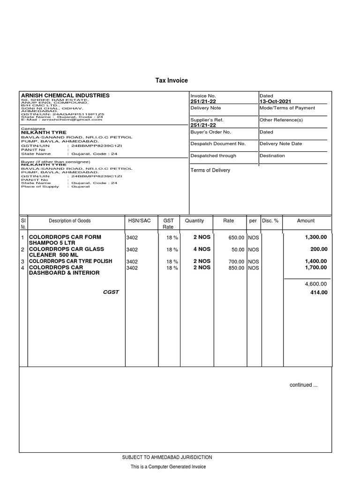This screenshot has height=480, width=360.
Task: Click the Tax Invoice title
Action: [x=172, y=81]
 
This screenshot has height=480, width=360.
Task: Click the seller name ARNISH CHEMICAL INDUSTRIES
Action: [x=65, y=95]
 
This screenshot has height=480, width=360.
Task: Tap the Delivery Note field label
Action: [x=205, y=108]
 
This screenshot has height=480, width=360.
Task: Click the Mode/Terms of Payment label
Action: [x=287, y=108]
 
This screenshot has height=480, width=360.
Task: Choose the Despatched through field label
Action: [x=213, y=156]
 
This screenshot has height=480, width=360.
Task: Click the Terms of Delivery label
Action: [x=210, y=170]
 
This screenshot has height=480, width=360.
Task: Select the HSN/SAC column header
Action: [x=139, y=221]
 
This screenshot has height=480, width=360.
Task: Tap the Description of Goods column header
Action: [x=70, y=221]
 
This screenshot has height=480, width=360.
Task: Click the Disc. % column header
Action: [x=270, y=221]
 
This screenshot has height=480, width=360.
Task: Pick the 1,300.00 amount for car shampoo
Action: [x=316, y=237]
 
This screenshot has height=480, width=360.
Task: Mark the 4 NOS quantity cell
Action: [x=202, y=249]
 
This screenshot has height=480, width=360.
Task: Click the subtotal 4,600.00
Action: [x=316, y=284]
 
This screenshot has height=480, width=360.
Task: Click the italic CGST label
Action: [x=111, y=292]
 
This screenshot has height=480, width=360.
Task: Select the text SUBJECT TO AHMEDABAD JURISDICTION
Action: [x=167, y=457]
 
